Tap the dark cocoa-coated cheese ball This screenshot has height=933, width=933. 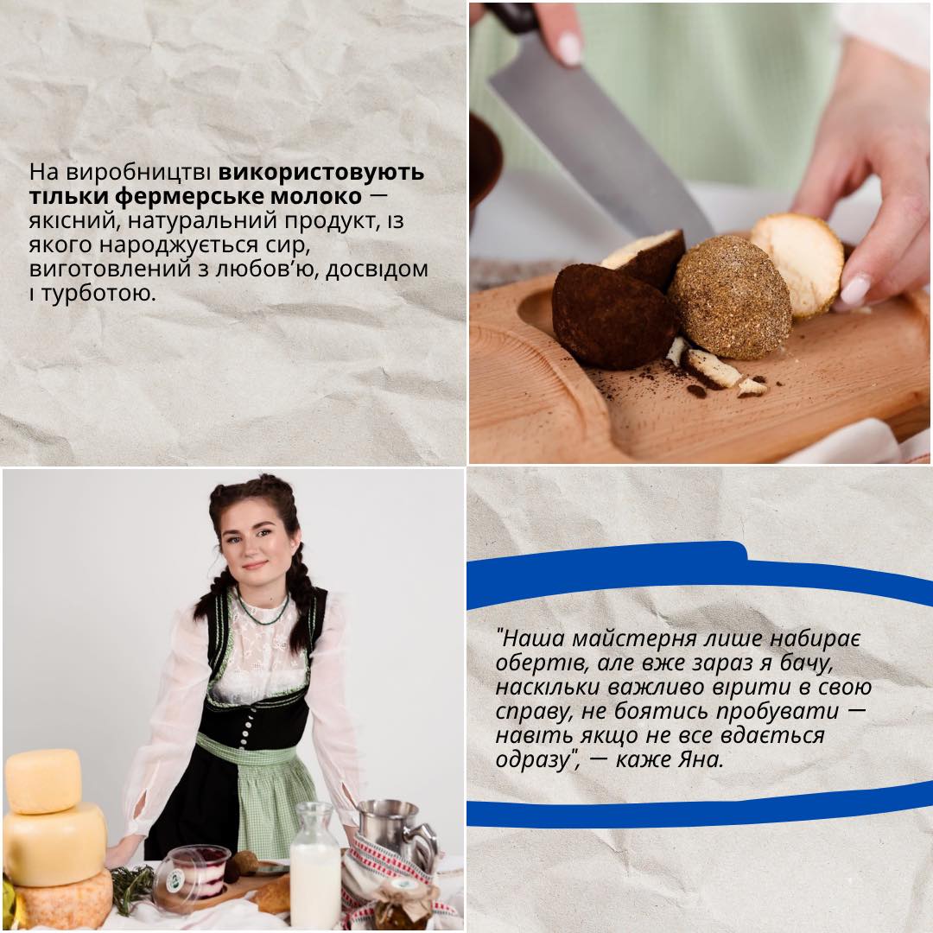[x=612, y=316]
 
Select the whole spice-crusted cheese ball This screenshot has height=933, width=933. [x=729, y=298]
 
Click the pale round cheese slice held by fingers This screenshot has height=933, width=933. [x=797, y=263]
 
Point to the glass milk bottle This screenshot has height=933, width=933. [x=314, y=866]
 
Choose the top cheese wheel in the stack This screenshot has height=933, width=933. [x=43, y=781]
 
